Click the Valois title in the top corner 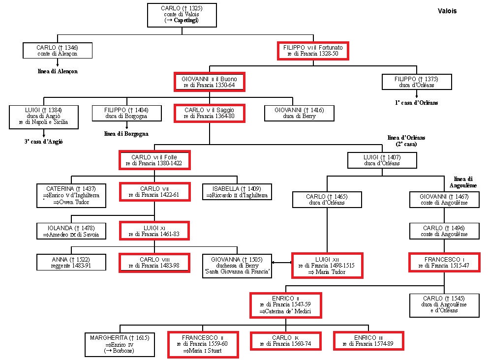coord(447,11)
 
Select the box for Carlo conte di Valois coord(182,15)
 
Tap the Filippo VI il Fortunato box coord(313,51)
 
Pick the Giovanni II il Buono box coord(209,82)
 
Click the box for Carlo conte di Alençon coord(58,51)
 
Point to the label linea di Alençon coord(58,71)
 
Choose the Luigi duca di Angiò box coord(43,117)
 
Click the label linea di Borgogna coord(126,133)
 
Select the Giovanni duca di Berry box coord(300,113)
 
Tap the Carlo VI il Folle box coord(154,160)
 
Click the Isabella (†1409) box coord(237,192)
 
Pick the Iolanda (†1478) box coord(71,231)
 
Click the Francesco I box coord(444,262)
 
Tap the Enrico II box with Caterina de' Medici coord(285,304)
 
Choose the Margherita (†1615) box coord(120,344)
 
